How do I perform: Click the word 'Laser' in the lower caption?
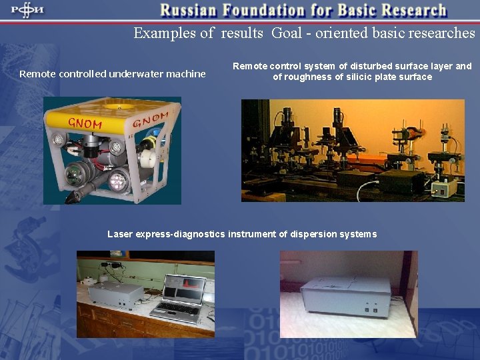coord(120,234)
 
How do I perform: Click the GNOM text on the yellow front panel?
coord(85,123)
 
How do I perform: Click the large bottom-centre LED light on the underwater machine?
coord(119,180)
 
